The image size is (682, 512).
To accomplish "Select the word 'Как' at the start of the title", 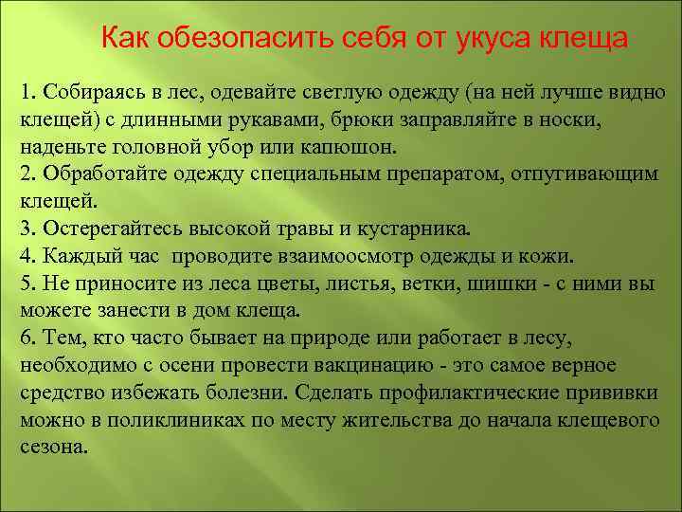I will (x=127, y=40).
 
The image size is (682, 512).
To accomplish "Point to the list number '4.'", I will (x=27, y=257).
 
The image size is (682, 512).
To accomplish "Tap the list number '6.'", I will (x=27, y=338).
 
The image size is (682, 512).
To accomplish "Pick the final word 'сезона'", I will (x=51, y=446).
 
